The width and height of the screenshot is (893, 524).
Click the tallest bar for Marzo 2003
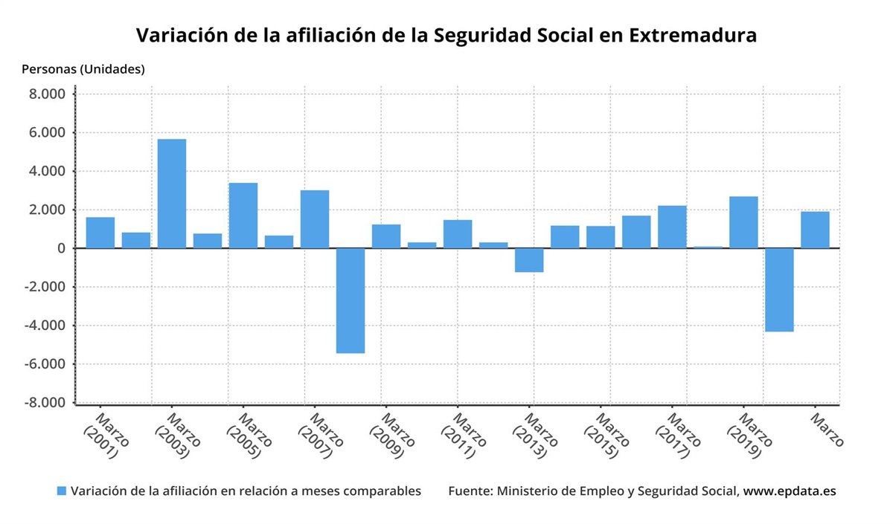coord(172,193)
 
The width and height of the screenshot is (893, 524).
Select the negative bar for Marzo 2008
coord(351,300)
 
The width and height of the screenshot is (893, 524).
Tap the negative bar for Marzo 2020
coord(779,290)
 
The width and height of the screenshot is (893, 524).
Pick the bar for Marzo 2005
coord(243,216)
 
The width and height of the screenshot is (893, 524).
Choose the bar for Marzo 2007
coord(315,219)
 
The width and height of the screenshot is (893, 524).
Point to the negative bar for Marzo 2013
coord(529,260)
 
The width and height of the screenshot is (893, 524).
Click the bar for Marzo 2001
coord(100,233)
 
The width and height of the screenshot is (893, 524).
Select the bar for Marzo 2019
coord(743,222)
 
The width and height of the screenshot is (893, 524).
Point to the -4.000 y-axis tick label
coord(45,326)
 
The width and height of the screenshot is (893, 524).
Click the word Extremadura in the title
coord(693,36)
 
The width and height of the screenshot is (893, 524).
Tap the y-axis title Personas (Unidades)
coord(83,69)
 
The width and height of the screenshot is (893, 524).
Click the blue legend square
coord(62,491)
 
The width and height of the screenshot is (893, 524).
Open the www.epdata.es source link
coord(790,491)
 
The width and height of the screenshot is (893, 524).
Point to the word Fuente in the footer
coord(470,491)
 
